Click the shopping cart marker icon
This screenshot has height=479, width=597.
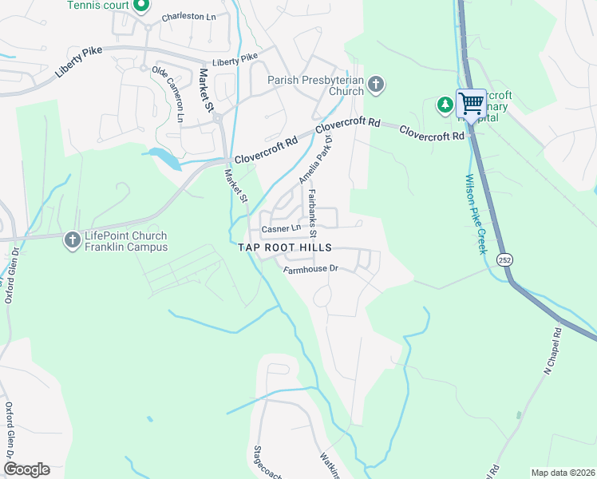click(471, 103)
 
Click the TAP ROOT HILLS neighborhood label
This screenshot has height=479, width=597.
click(285, 248)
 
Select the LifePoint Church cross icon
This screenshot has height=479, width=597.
click(72, 237)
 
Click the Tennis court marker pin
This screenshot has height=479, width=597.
click(141, 6)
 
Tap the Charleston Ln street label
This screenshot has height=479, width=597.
click(188, 17)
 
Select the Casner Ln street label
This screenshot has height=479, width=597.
click(279, 229)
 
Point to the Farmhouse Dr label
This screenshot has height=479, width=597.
click(312, 269)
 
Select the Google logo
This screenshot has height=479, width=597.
click(26, 469)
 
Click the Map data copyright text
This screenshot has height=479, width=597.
click(562, 473)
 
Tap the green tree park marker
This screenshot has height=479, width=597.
click(445, 104)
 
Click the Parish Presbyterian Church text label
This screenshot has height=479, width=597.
click(315, 85)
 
